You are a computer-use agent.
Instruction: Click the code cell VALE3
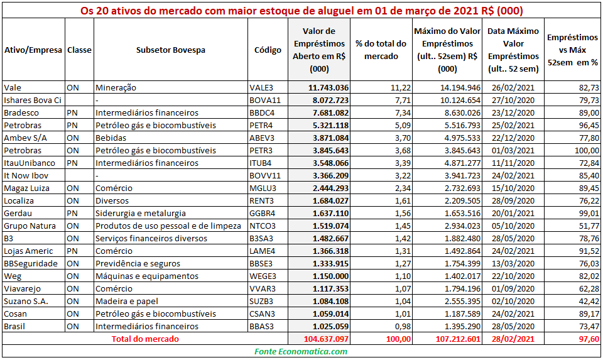click(261, 88)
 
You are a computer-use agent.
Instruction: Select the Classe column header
click(79, 50)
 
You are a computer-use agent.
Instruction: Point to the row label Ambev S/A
click(25, 138)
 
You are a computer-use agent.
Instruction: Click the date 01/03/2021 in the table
click(513, 150)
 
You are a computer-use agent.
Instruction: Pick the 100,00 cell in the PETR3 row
click(587, 150)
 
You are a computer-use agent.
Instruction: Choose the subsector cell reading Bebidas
click(111, 138)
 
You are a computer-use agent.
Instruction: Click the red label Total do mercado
click(145, 339)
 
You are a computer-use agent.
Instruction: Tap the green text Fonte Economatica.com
click(301, 351)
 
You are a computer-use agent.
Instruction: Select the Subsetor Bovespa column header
click(171, 50)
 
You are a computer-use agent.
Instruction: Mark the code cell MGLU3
click(263, 188)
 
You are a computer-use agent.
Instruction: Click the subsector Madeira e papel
click(127, 301)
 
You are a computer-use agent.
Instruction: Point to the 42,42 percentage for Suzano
click(589, 301)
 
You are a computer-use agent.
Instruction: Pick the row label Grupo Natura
click(30, 226)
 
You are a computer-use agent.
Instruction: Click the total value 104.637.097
click(326, 339)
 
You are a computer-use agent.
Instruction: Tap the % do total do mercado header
click(381, 50)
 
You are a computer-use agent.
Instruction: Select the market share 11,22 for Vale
click(401, 88)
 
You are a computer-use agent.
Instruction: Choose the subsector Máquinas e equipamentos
click(147, 276)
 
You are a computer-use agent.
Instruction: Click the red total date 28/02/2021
click(513, 339)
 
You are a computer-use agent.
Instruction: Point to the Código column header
click(268, 50)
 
